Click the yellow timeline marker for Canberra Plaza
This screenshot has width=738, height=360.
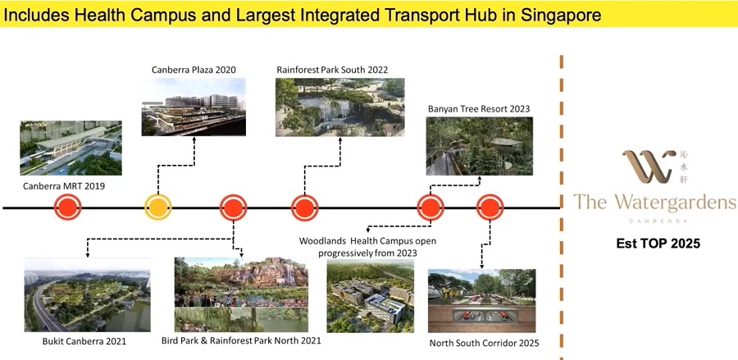[x=157, y=207]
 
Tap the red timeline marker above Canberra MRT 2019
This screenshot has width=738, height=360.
[x=68, y=207]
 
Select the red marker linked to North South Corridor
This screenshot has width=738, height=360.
[x=490, y=207]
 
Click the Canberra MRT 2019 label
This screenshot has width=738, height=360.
[x=64, y=186]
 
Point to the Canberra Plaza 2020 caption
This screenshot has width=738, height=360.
[x=194, y=71]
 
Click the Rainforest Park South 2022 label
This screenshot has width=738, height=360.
[x=332, y=71]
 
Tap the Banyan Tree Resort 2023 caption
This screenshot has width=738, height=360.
[x=479, y=109]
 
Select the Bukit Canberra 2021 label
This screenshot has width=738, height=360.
[x=84, y=341]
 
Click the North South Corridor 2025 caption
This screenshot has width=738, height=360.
[x=485, y=343]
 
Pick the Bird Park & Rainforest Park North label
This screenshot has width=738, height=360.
[x=241, y=340]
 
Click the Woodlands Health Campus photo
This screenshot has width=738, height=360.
[x=371, y=296]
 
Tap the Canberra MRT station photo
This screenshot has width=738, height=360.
[x=71, y=148]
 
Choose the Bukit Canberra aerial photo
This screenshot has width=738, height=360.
[x=88, y=294]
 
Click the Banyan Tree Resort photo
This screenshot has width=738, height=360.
[x=480, y=146]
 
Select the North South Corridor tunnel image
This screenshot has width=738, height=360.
[x=481, y=301]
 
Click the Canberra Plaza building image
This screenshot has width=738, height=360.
[x=194, y=107]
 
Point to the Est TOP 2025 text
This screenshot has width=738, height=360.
[x=658, y=244]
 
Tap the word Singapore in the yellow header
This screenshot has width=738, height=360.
[x=561, y=15]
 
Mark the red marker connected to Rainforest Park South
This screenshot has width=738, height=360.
[x=304, y=207]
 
